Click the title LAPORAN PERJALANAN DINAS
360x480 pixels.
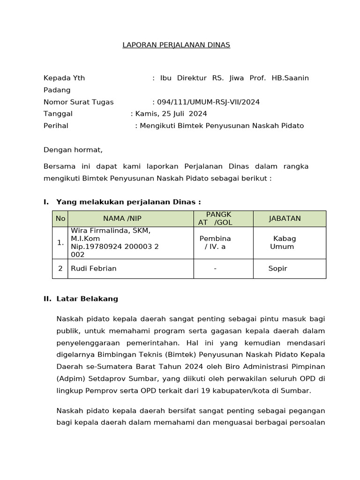tap(176, 45)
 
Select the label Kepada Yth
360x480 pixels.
tap(64, 78)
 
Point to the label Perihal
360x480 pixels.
tap(56, 126)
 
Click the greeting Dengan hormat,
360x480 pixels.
tap(73, 150)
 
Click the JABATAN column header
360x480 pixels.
tap(285, 218)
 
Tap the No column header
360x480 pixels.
tap(60, 218)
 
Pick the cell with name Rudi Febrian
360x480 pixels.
tap(94, 269)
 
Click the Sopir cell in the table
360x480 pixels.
tap(277, 269)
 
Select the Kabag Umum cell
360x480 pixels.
tap(283, 242)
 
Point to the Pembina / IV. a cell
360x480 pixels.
tap(215, 242)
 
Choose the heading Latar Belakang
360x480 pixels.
tap(87, 299)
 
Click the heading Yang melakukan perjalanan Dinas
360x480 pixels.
tap(127, 202)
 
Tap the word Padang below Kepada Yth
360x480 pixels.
tap(57, 90)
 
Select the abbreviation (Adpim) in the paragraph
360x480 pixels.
tap(70, 378)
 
